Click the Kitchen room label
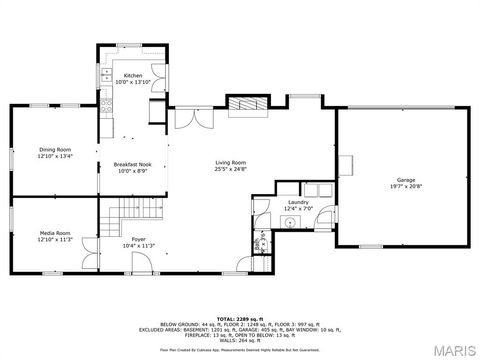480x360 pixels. [133, 76]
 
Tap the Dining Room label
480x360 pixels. [27, 150]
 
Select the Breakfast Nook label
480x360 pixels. [132, 164]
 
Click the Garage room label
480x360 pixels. [405, 180]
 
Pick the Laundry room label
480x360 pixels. [297, 202]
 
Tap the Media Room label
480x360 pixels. [27, 232]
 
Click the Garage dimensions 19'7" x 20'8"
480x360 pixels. [405, 187]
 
